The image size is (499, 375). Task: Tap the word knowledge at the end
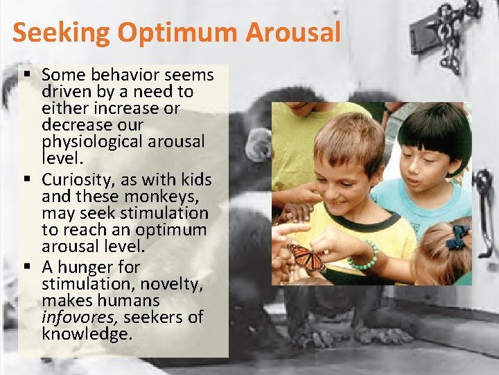click(x=86, y=334)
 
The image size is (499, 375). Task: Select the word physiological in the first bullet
click(x=89, y=142)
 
